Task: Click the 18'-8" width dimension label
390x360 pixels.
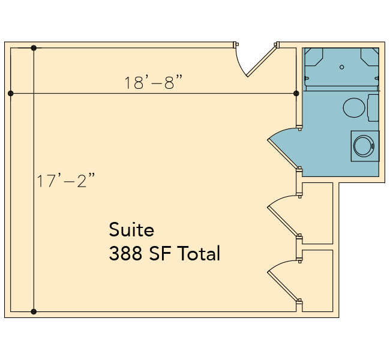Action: tap(153, 82)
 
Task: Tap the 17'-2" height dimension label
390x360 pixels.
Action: tap(65, 180)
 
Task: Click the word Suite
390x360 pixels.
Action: tap(131, 230)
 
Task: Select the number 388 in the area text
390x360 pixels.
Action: tap(125, 253)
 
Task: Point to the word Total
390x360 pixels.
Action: tap(199, 253)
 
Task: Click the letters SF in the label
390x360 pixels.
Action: tap(160, 253)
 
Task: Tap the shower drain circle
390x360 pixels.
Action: tap(342, 67)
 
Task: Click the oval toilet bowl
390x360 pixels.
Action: tap(354, 107)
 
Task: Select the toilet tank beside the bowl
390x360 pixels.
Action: tap(373, 108)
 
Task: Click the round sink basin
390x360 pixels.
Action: tap(364, 146)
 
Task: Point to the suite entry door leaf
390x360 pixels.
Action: tap(262, 61)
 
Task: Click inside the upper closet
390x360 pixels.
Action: tap(317, 213)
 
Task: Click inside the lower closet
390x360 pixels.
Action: tap(317, 281)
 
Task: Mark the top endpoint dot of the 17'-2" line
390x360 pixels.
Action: tap(34, 48)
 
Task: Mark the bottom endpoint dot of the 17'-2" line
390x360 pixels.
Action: tap(34, 311)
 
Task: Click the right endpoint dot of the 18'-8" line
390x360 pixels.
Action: tap(296, 93)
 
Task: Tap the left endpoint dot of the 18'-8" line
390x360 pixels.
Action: tap(10, 93)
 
